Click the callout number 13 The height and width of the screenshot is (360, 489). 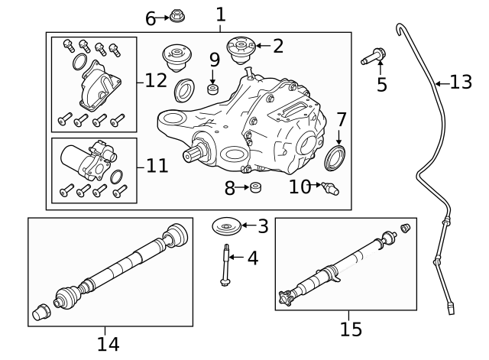(461, 83)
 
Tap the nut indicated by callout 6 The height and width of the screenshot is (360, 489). (176, 15)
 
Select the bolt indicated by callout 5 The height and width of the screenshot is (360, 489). (374, 56)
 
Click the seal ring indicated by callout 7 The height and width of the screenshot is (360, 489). (335, 157)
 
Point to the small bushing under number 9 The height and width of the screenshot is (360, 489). (213, 89)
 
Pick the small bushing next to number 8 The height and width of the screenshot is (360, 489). (256, 187)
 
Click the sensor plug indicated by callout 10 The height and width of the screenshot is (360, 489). (330, 188)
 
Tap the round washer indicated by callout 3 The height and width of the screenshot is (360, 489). (227, 226)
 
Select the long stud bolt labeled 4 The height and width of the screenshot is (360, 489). (225, 265)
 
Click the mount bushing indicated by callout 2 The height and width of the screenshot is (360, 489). (241, 50)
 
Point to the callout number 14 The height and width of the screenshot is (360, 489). (108, 344)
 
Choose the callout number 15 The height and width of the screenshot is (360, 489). (351, 329)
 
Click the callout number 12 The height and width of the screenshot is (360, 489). (156, 80)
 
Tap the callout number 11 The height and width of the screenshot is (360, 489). (157, 165)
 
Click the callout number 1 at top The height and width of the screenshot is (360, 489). (221, 15)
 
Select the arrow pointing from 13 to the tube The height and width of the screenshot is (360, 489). (442, 83)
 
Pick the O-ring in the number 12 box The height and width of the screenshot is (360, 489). (79, 62)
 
